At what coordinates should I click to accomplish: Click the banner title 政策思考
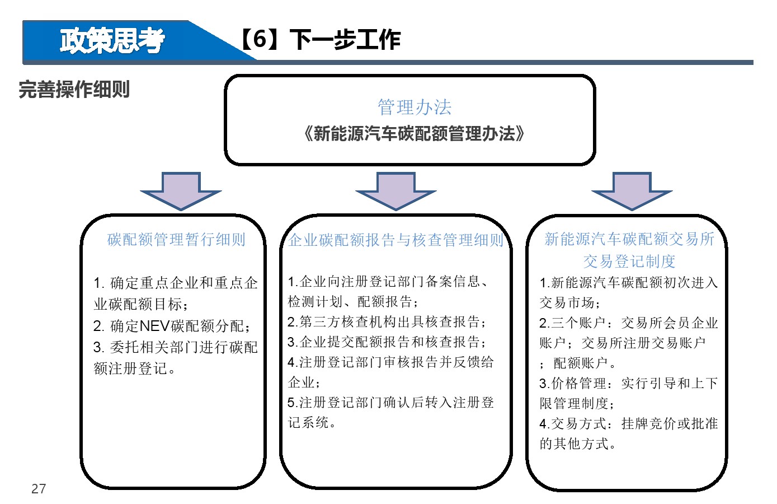pyautogui.click(x=112, y=41)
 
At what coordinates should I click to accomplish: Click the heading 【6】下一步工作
pyautogui.click(x=320, y=39)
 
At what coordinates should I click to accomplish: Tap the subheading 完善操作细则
pyautogui.click(x=74, y=89)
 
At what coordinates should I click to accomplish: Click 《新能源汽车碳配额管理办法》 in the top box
pyautogui.click(x=413, y=133)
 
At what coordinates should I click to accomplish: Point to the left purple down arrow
pyautogui.click(x=181, y=191)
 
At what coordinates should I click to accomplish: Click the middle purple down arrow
pyautogui.click(x=396, y=191)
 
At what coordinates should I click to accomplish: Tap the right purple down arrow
pyautogui.click(x=632, y=191)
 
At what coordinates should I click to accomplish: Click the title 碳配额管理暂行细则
pyautogui.click(x=176, y=239)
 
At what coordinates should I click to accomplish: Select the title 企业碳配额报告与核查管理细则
pyautogui.click(x=396, y=240)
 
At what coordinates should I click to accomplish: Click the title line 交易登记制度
pyautogui.click(x=629, y=261)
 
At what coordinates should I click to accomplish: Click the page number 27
pyautogui.click(x=39, y=489)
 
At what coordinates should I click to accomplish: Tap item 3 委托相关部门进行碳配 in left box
pyautogui.click(x=176, y=347)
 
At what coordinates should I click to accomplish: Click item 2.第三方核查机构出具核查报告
pyautogui.click(x=387, y=321)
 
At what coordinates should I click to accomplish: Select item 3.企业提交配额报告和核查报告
pyautogui.click(x=387, y=342)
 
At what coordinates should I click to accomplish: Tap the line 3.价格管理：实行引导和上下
pyautogui.click(x=629, y=383)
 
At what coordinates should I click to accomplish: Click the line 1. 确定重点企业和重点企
pyautogui.click(x=176, y=283)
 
